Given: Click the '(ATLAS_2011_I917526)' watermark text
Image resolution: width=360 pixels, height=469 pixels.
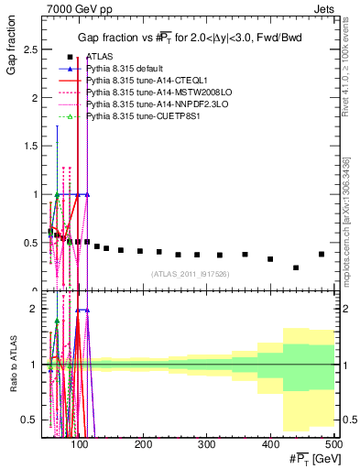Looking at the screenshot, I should [x=190, y=274].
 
